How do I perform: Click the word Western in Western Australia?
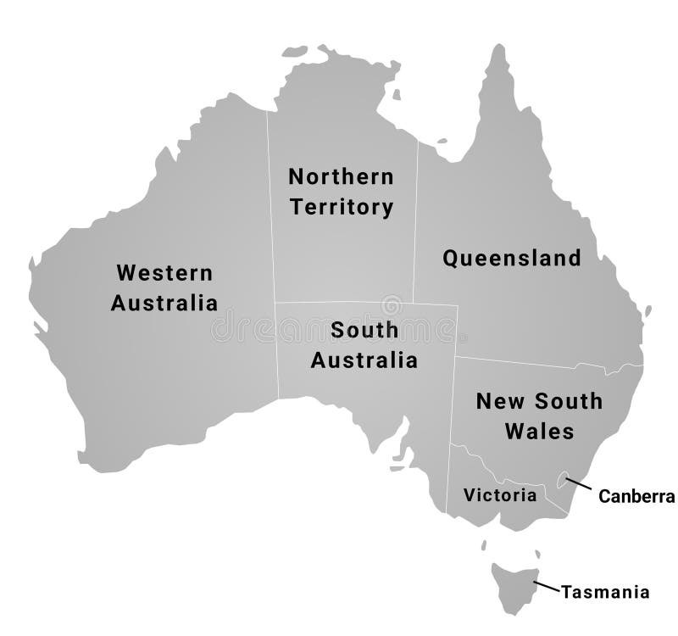click(165, 273)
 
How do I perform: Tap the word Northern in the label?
click(341, 177)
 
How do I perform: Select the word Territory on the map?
click(341, 207)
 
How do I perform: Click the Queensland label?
click(512, 259)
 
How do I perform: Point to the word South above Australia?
click(364, 330)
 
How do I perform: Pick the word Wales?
click(539, 431)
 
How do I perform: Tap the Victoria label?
click(500, 494)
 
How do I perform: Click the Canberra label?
click(636, 497)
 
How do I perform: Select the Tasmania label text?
click(605, 592)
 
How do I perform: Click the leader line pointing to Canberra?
click(581, 486)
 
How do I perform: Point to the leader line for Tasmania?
click(547, 586)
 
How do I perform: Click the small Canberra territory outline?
click(562, 481)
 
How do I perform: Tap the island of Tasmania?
click(514, 585)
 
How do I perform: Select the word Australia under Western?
click(164, 303)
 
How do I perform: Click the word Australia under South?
click(364, 360)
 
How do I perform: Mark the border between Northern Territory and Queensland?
click(415, 220)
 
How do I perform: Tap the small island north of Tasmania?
click(484, 545)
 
